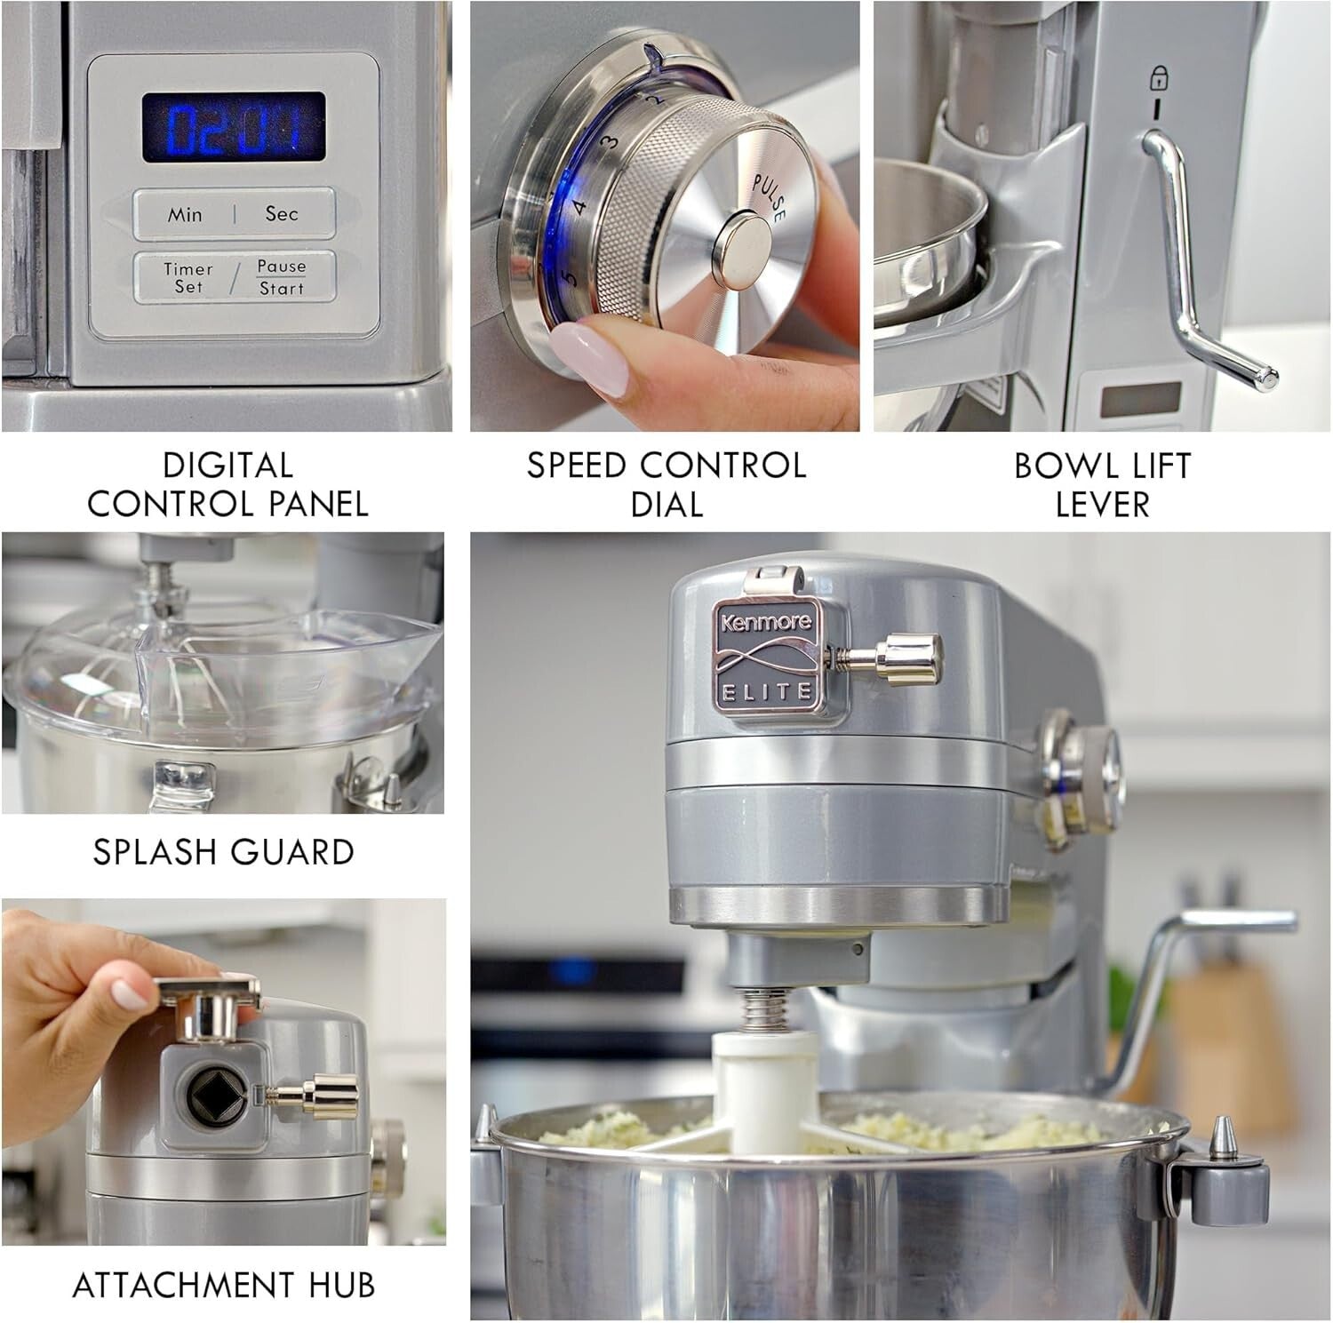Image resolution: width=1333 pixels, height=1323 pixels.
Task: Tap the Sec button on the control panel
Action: (281, 214)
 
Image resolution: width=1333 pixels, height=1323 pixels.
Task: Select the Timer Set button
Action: (188, 277)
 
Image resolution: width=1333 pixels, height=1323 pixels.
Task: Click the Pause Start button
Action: (282, 277)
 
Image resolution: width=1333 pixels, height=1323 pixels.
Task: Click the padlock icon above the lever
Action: (1158, 80)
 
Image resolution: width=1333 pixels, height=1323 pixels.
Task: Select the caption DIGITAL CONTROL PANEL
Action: (227, 484)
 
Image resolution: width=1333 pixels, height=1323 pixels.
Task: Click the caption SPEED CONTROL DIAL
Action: (666, 484)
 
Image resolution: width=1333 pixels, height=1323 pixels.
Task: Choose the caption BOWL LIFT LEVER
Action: (1102, 484)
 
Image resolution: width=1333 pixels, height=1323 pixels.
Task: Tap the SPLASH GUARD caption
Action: (224, 852)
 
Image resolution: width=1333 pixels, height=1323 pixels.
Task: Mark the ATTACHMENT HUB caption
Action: (223, 1285)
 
